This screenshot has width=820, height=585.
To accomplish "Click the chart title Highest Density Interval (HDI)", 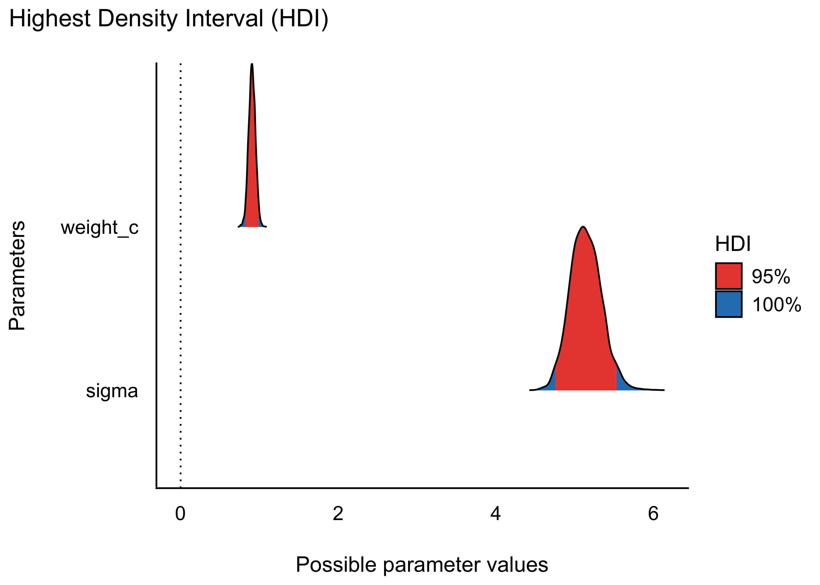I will pyautogui.click(x=169, y=19).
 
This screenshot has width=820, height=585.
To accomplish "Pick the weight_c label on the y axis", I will pyautogui.click(x=100, y=228).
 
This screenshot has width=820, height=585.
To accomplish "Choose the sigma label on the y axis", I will pyautogui.click(x=112, y=391).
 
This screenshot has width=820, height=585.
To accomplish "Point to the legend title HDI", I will pyautogui.click(x=733, y=244).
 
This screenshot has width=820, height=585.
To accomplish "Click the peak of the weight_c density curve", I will pyautogui.click(x=252, y=65).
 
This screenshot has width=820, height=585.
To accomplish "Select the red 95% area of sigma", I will pyautogui.click(x=584, y=324).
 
